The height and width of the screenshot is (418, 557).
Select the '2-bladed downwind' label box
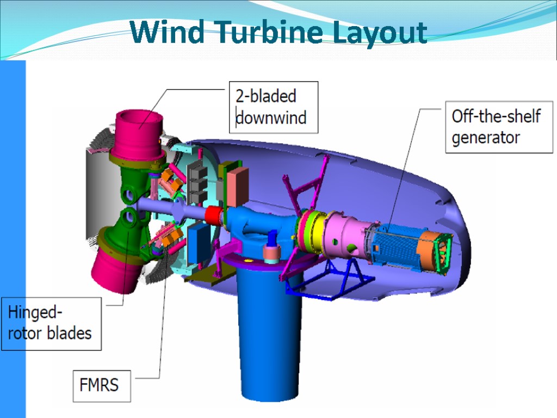click(273, 107)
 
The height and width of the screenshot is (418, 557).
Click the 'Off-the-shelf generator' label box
click(498, 127)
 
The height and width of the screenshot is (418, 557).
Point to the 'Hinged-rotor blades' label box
click(51, 323)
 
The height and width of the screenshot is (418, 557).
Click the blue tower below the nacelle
click(269, 337)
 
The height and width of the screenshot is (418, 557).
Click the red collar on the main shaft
click(214, 215)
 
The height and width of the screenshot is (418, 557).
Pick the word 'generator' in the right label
click(485, 138)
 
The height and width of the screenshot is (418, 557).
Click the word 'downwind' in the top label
click(270, 117)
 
